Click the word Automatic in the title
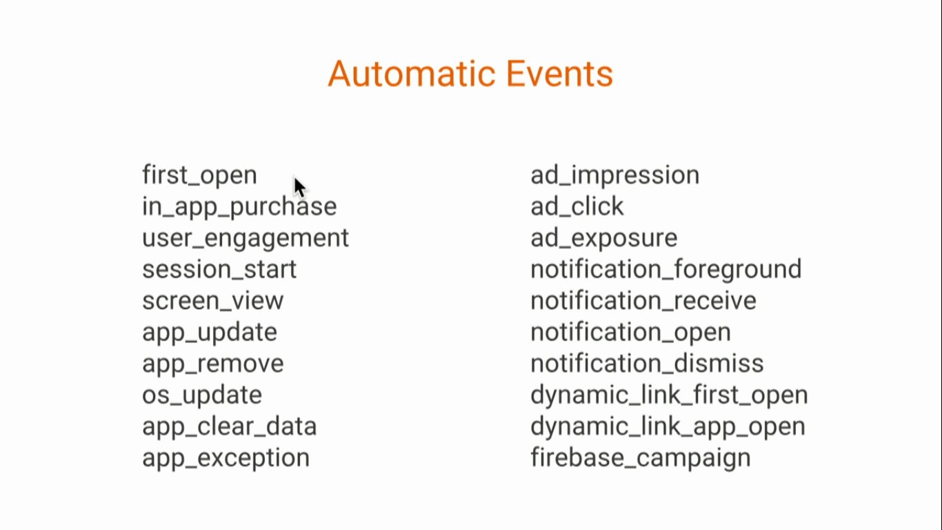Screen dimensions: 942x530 (x=412, y=74)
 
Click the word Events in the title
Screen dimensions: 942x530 (x=560, y=74)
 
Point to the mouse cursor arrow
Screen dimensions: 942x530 (x=299, y=187)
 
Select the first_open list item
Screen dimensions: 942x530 (x=199, y=175)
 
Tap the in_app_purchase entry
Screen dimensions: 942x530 (x=239, y=207)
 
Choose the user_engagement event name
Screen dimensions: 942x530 (x=245, y=239)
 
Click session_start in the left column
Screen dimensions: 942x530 (x=219, y=269)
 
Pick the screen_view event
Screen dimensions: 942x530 (x=213, y=301)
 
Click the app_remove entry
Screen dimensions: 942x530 (x=213, y=364)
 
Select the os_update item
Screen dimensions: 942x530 (x=202, y=395)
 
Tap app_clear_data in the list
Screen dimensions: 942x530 (x=229, y=427)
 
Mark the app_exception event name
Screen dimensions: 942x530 (x=226, y=458)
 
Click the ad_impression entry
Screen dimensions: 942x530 (x=615, y=175)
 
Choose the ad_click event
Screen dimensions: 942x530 (x=577, y=206)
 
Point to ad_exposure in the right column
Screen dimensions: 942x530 (x=604, y=239)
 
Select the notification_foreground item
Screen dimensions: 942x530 (x=666, y=270)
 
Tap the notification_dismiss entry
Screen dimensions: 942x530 (x=647, y=364)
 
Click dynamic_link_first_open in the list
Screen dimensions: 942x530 (x=669, y=395)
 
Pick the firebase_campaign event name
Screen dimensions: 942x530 (x=641, y=458)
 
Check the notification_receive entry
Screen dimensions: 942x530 (x=643, y=301)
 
